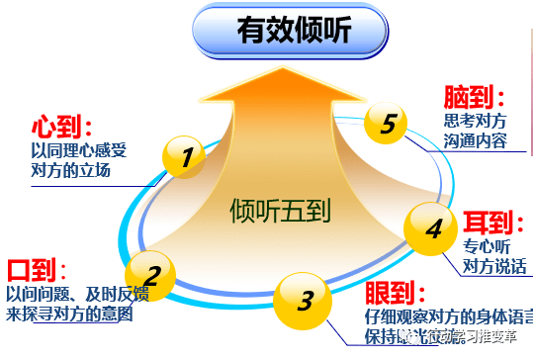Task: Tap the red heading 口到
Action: [36, 271]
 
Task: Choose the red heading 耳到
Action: [487, 221]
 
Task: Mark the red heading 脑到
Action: [474, 97]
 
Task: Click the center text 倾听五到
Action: [279, 210]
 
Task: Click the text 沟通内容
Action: [476, 140]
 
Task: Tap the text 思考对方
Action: [476, 121]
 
